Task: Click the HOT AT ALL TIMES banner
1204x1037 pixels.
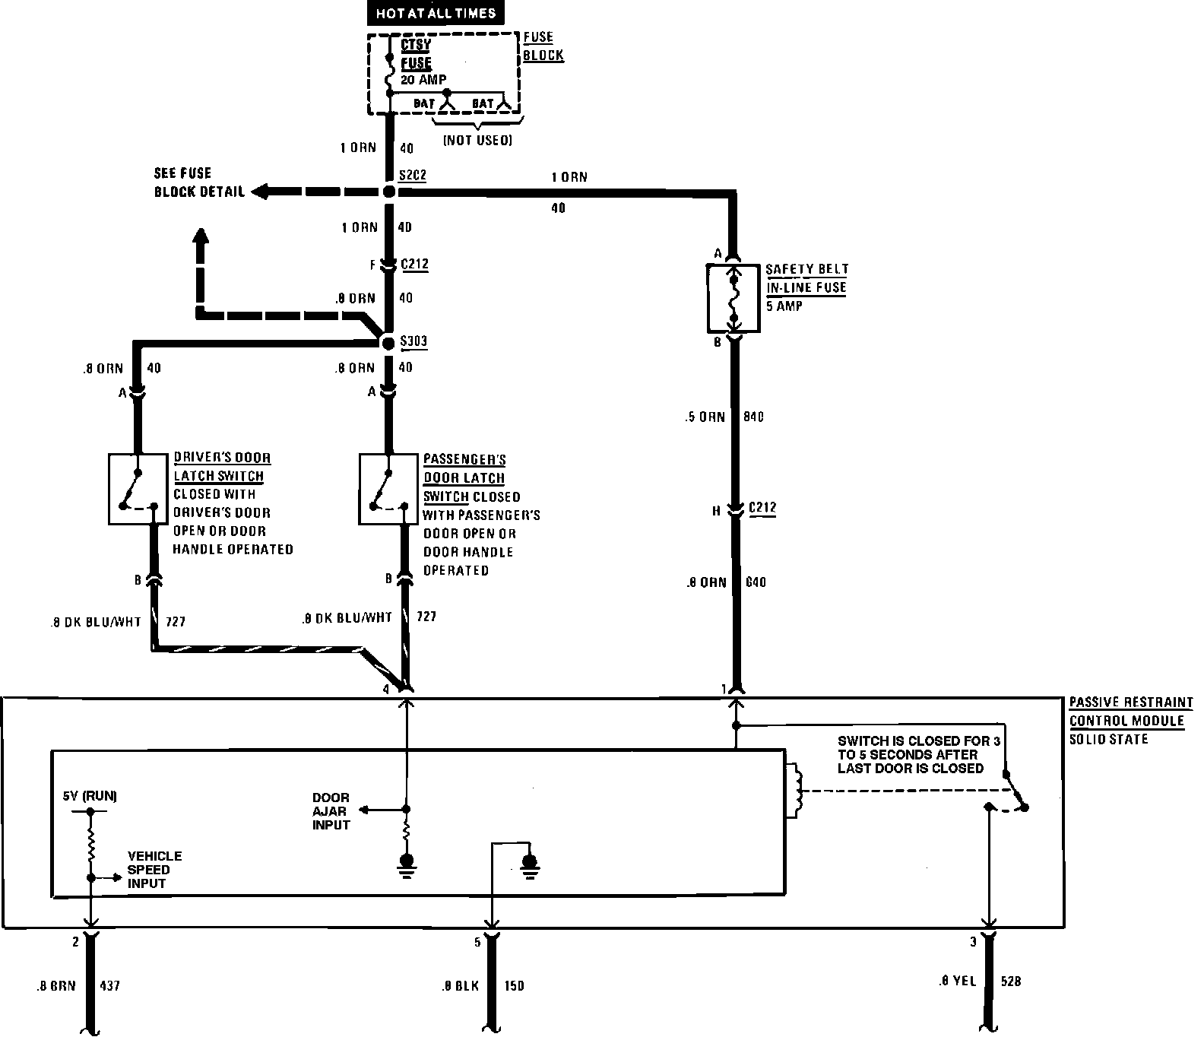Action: [x=436, y=13]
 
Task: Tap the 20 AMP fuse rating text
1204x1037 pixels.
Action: [x=423, y=79]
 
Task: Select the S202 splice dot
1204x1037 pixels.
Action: [x=389, y=192]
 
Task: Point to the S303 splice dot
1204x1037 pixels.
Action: [x=389, y=344]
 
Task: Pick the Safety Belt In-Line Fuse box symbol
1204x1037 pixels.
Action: [x=733, y=298]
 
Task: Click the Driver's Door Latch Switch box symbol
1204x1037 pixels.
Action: [x=138, y=489]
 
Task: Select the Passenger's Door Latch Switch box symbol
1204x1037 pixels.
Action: [x=388, y=489]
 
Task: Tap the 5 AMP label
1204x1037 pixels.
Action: [x=785, y=306]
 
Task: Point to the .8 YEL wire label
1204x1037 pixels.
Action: [x=956, y=982]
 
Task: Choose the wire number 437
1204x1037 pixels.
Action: [x=109, y=986]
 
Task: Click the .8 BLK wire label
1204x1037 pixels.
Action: [x=460, y=986]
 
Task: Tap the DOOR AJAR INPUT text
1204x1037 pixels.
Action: [x=331, y=811]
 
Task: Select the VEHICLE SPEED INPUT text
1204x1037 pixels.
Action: [x=154, y=869]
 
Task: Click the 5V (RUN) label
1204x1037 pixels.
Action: [x=90, y=797]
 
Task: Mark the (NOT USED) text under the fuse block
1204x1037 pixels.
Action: [x=478, y=140]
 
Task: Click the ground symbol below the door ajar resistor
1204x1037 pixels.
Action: [x=407, y=863]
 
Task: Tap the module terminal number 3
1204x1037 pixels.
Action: [x=973, y=943]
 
